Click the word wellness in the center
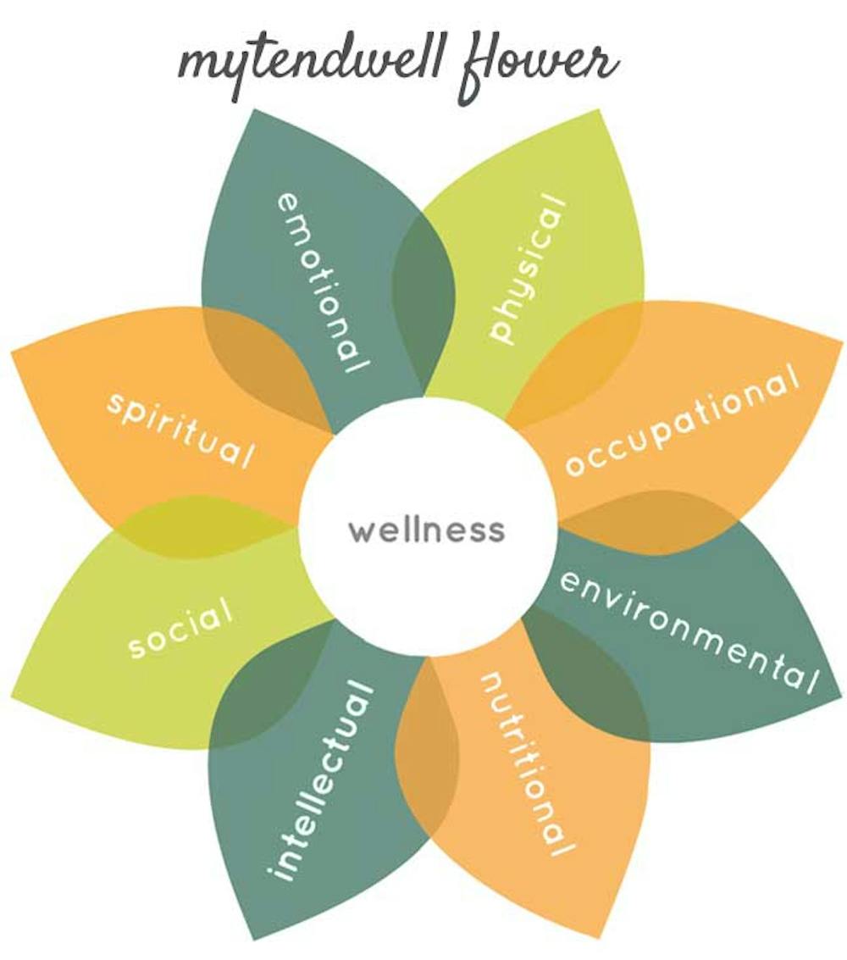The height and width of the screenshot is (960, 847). click(x=427, y=531)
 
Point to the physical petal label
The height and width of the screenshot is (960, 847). click(x=527, y=269)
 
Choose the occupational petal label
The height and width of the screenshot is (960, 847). click(x=682, y=421)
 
